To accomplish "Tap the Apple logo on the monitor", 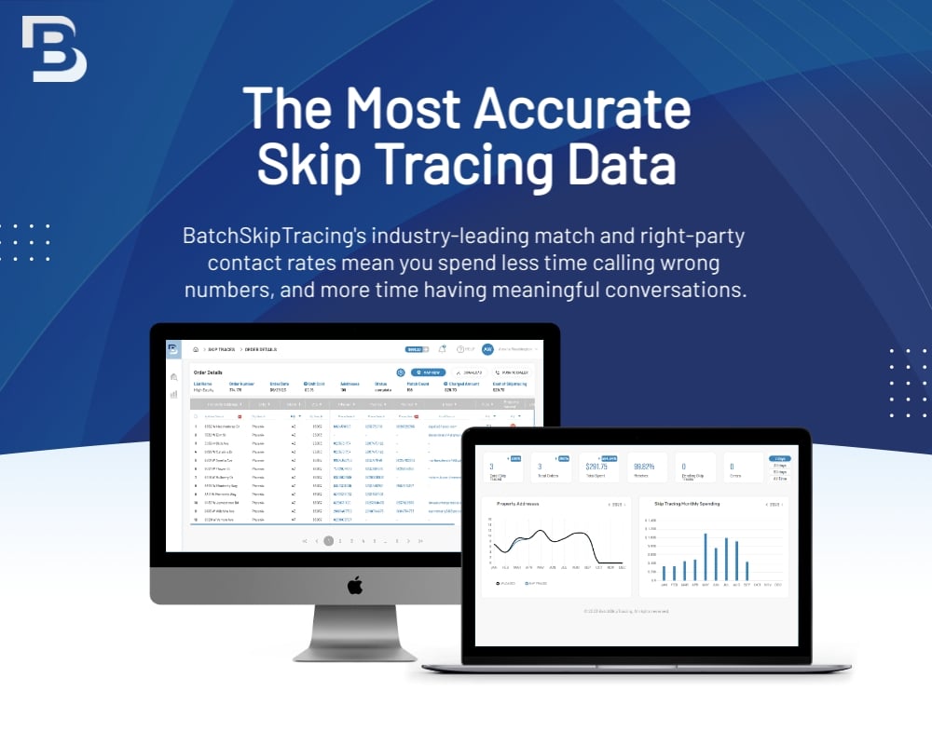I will tap(354, 585).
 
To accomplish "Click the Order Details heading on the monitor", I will tap(211, 372).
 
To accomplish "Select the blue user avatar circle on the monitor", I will tap(487, 349).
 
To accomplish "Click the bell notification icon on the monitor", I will tap(442, 349).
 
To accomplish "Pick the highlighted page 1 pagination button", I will tap(328, 540).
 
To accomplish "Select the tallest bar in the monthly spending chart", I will tap(706, 557).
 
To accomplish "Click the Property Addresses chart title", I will tap(520, 504).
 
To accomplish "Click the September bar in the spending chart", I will tap(747, 570).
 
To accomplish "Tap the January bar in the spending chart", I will tap(664, 573).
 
